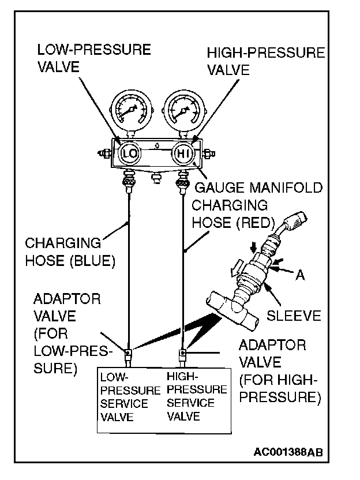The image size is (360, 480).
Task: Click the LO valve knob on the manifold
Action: [129, 153]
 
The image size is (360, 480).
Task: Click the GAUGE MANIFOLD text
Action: [258, 188]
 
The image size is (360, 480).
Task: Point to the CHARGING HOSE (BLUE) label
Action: [69, 252]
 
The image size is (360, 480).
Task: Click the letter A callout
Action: [300, 276]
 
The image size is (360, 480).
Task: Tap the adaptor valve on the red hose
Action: [183, 353]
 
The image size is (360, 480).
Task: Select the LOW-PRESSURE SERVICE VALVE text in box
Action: [129, 396]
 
